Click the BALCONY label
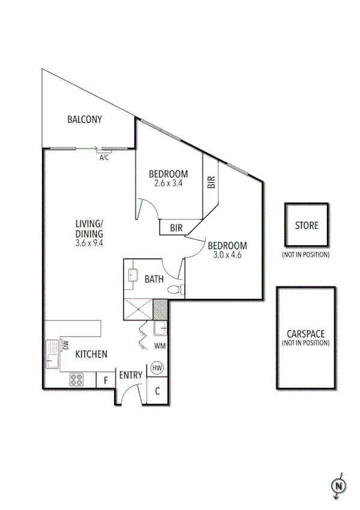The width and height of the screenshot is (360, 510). click(84, 119)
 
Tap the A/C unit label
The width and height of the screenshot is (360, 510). click(104, 158)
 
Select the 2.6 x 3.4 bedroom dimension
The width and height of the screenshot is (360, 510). click(168, 183)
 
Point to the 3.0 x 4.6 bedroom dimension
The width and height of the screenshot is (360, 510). click(227, 254)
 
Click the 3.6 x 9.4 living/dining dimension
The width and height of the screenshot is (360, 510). click(90, 244)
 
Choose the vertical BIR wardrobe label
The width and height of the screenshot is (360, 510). click(210, 182)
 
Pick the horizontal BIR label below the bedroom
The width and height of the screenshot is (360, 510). click(176, 228)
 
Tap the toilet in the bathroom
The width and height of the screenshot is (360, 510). click(175, 290)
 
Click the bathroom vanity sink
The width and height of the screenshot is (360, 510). click(133, 275)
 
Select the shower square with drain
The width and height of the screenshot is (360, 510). click(138, 309)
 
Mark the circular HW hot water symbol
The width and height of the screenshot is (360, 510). click(157, 367)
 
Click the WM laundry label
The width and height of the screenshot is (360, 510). click(160, 346)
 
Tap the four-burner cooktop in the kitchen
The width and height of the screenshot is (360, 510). click(77, 379)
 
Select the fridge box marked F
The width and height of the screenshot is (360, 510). click(106, 380)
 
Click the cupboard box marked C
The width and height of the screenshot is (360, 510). click(157, 390)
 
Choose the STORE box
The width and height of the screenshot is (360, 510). click(307, 226)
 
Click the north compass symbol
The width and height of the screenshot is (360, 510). click(338, 485)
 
